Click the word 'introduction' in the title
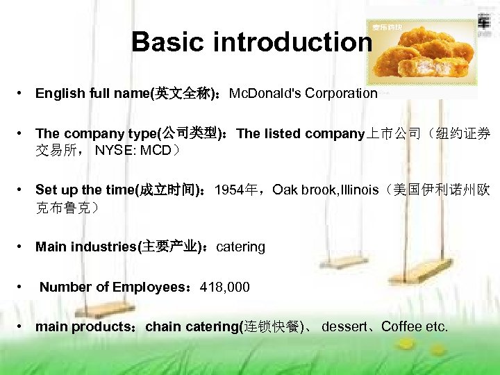coord(293,42)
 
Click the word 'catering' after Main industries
coord(241,247)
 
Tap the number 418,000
coord(224,287)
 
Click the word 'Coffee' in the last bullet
coord(402,326)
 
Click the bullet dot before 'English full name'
coord(23,93)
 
